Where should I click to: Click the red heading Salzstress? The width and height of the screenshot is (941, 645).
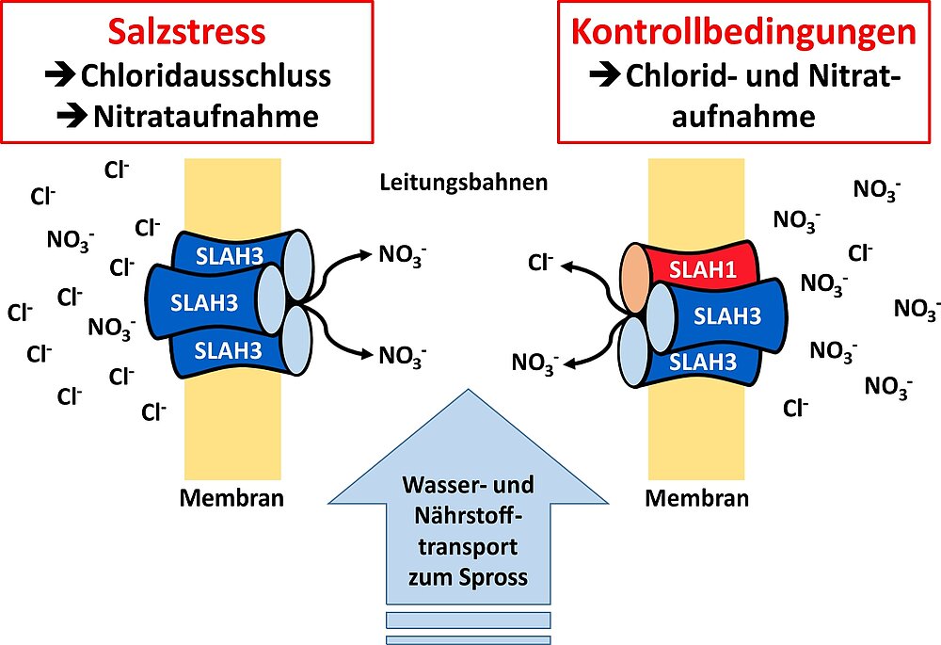(x=186, y=32)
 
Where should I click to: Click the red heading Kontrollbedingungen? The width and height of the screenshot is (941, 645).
(x=743, y=32)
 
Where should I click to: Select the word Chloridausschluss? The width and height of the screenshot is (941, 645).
(x=206, y=75)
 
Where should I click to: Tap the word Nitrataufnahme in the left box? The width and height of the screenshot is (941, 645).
(x=206, y=116)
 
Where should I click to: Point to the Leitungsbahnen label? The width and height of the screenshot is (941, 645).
(x=463, y=182)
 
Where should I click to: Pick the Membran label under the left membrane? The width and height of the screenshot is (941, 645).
(x=231, y=497)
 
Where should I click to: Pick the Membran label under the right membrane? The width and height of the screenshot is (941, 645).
(x=697, y=497)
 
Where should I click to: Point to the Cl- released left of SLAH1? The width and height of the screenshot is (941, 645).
(x=540, y=262)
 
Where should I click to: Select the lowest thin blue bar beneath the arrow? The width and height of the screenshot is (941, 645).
(x=468, y=640)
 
